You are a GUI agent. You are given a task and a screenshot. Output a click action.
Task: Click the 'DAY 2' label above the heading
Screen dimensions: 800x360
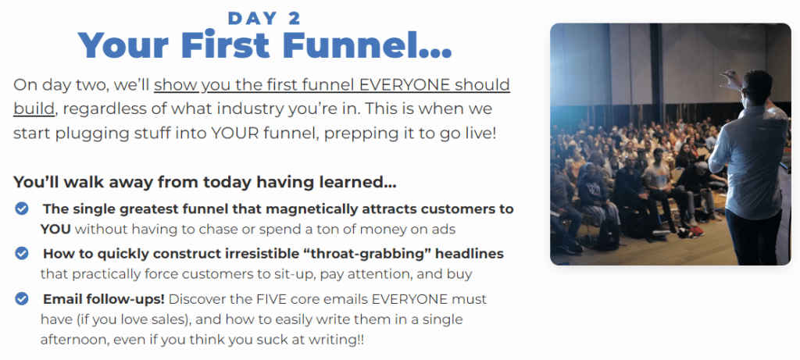[x=264, y=19]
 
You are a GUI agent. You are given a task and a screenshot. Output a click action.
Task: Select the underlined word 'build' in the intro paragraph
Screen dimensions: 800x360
[x=34, y=109]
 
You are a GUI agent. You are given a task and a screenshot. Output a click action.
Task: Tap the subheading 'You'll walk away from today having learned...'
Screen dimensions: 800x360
[x=205, y=182]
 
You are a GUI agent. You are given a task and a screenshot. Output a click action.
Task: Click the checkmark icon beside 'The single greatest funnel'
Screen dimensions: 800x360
[x=21, y=209]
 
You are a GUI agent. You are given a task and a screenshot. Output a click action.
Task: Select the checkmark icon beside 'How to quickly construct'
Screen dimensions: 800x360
[x=21, y=254]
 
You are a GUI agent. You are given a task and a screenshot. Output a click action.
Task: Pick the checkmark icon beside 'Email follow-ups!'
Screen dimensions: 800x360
[x=21, y=298]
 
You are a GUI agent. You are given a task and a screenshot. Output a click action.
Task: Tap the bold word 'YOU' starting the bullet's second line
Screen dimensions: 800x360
[x=55, y=230]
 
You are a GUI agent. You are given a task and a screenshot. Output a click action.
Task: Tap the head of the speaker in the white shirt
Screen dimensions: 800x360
[x=757, y=87]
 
